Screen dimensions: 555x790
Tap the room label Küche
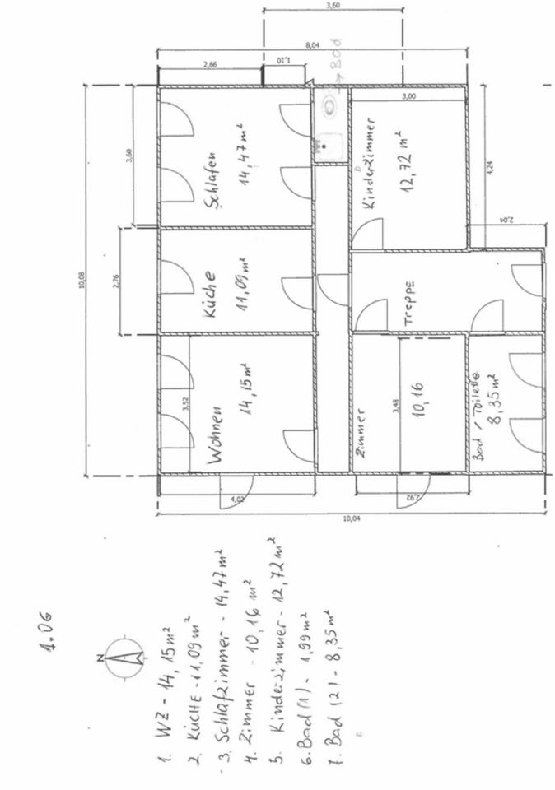click(210, 295)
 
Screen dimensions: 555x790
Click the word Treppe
click(408, 301)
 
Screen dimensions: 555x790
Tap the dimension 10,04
click(352, 518)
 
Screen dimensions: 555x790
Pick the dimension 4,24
click(490, 165)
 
